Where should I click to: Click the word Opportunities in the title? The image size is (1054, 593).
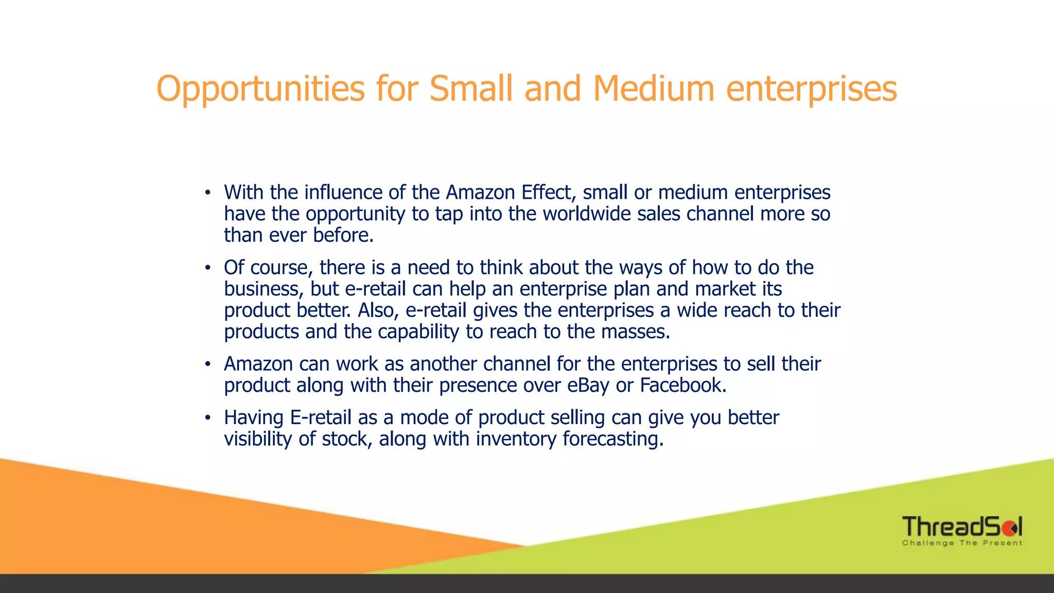pyautogui.click(x=260, y=89)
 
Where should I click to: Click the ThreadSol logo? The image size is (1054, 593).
pyautogui.click(x=961, y=527)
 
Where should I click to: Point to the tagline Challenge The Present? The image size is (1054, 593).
pyautogui.click(x=961, y=543)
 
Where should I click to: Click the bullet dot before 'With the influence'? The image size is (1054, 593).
pyautogui.click(x=207, y=193)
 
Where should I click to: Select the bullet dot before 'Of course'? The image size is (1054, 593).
pyautogui.click(x=207, y=268)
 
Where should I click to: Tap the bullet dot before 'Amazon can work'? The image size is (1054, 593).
pyautogui.click(x=207, y=364)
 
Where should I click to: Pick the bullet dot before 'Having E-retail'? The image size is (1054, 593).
pyautogui.click(x=207, y=418)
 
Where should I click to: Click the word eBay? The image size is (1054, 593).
pyautogui.click(x=588, y=386)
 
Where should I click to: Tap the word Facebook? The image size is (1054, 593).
pyautogui.click(x=682, y=385)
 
